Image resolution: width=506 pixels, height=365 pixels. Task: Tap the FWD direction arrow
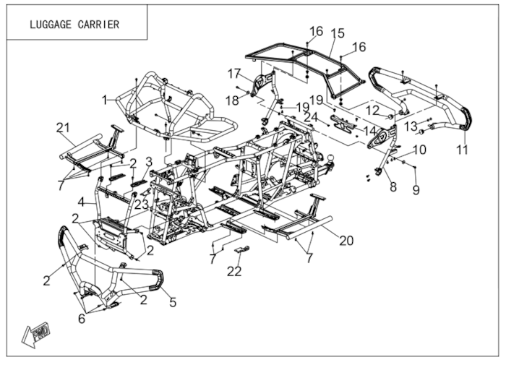pos(37,332)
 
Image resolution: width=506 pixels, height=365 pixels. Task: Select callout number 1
pos(105,98)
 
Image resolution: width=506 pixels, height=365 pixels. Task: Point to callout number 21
pos(63,128)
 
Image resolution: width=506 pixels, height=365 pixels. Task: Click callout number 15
pos(337,34)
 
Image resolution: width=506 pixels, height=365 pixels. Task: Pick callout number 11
pos(462,150)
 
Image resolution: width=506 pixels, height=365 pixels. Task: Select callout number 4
pos(82,201)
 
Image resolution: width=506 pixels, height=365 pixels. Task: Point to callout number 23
pos(141,205)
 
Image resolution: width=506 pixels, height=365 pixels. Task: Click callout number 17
pos(233,73)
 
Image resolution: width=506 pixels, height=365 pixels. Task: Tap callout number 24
pos(310,117)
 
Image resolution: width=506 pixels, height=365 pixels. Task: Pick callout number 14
pos(370,132)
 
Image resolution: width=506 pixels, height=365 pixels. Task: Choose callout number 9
pos(416,190)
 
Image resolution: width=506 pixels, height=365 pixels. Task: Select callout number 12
pos(372,110)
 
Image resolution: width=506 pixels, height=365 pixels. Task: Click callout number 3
pos(149,161)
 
